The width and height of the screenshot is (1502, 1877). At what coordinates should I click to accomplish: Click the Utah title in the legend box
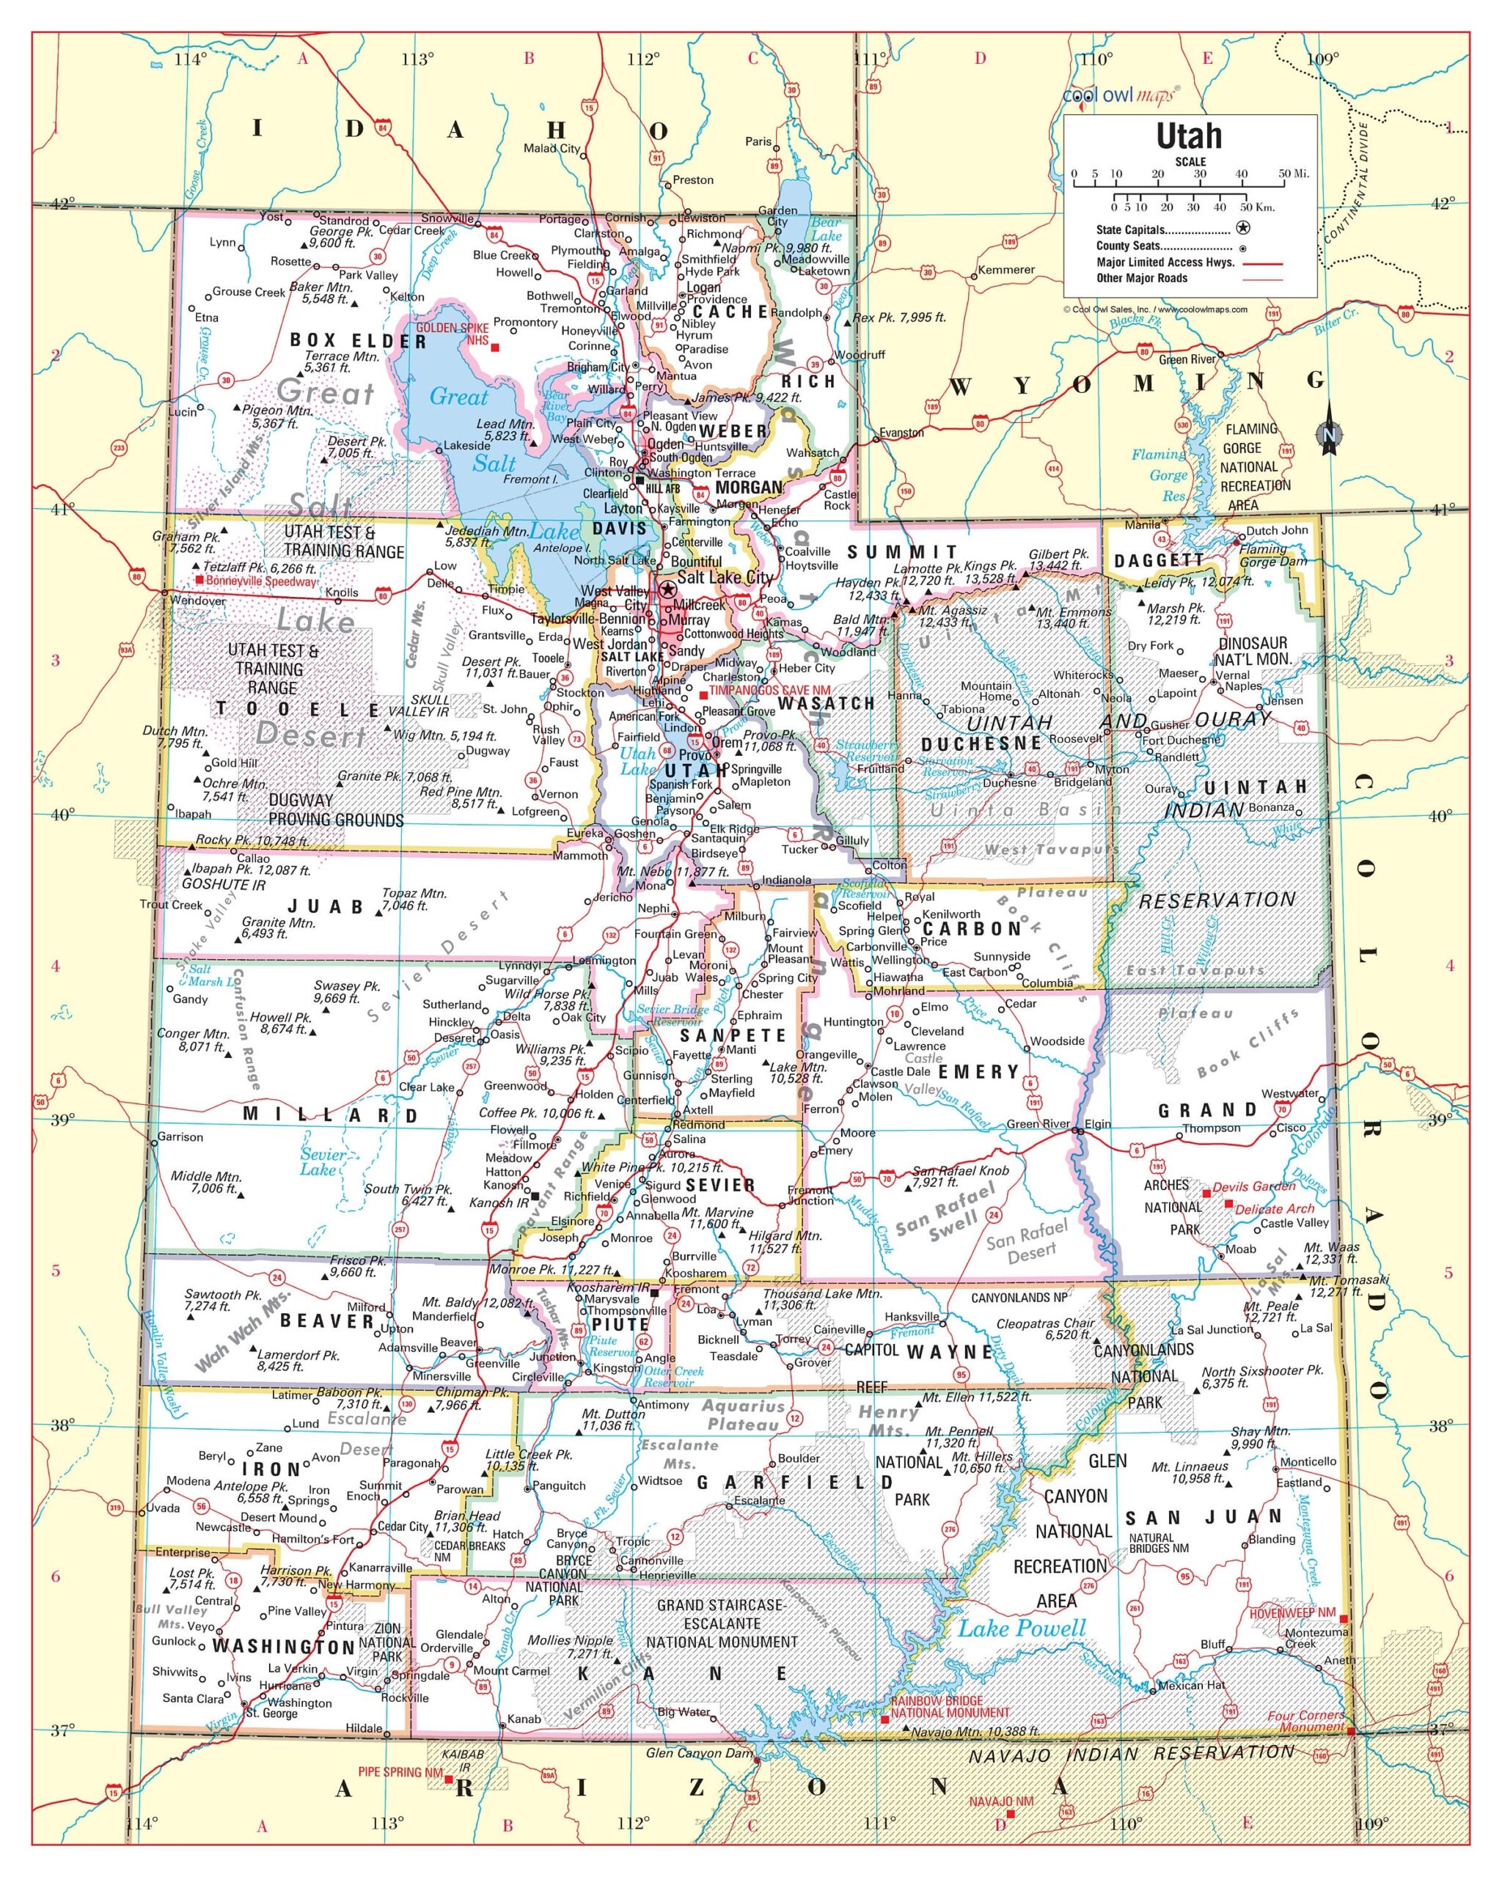click(1189, 136)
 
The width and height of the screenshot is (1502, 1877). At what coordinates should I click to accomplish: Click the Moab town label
click(1241, 1249)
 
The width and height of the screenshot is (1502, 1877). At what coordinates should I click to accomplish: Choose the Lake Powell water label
click(1022, 1628)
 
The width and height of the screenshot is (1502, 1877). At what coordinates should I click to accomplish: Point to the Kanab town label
click(524, 1719)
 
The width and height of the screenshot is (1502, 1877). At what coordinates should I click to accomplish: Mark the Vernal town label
click(1231, 675)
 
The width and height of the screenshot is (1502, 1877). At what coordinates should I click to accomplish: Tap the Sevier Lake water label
click(322, 1161)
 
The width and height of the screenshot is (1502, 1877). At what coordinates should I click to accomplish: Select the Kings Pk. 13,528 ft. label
click(991, 572)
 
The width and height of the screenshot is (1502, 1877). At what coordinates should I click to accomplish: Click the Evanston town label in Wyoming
click(901, 433)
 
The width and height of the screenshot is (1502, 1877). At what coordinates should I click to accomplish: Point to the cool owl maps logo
click(1121, 94)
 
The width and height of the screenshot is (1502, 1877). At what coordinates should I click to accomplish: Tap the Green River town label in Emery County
click(1037, 1124)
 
